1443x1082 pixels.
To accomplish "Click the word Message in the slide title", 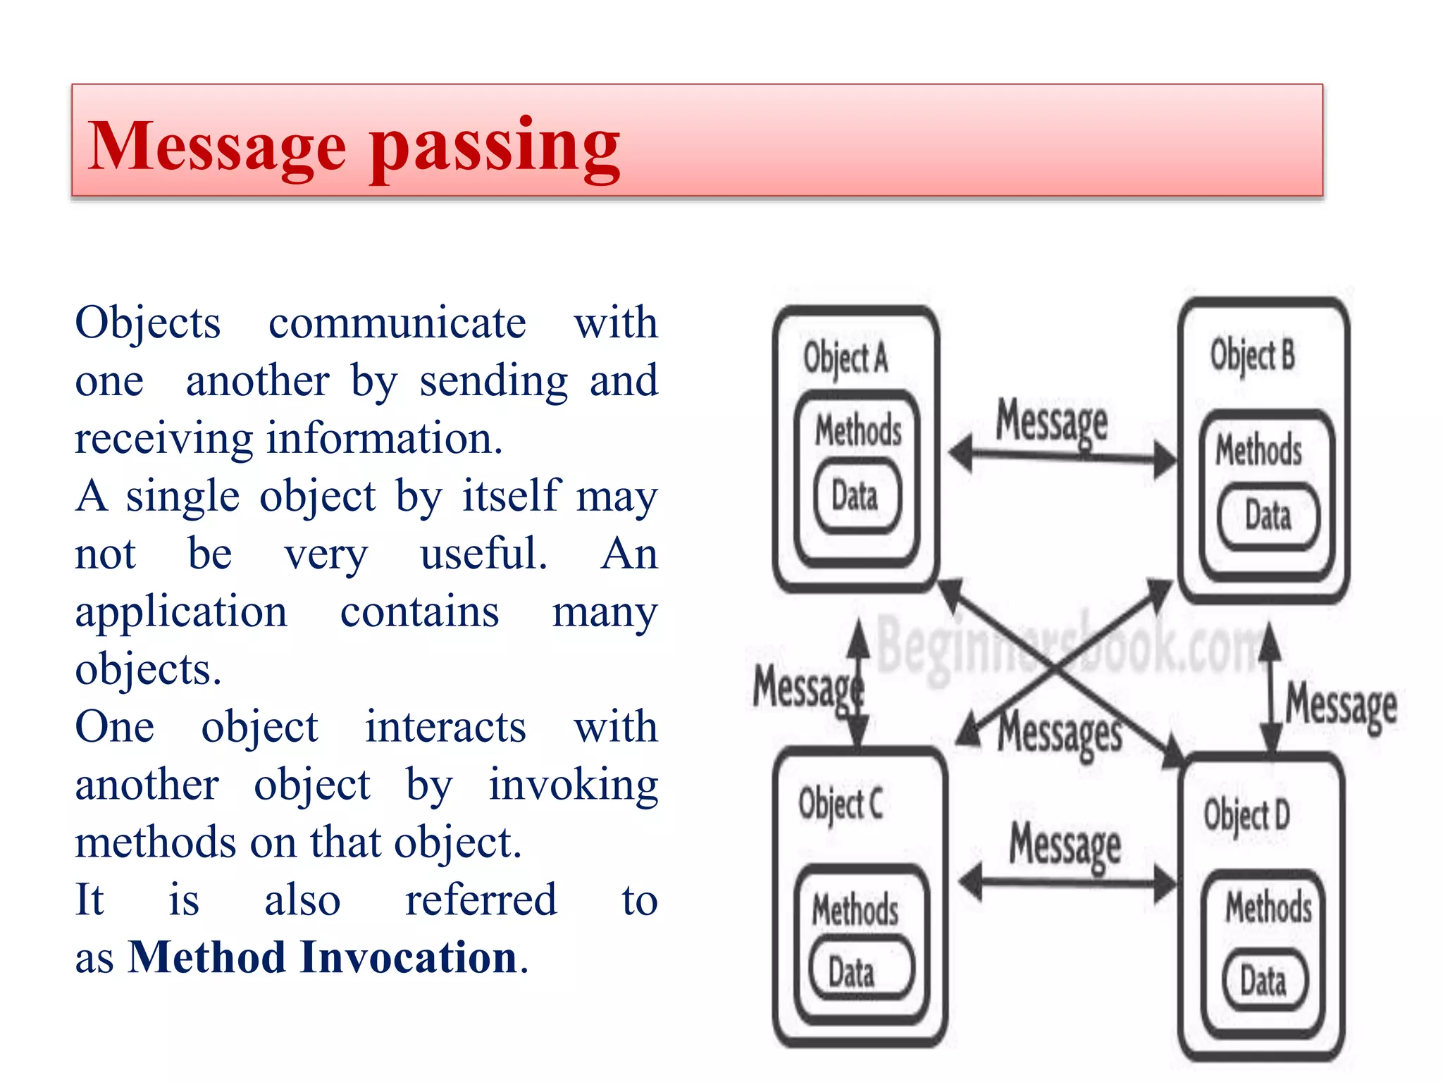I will (x=216, y=146).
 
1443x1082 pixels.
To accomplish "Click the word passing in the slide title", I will (x=495, y=148).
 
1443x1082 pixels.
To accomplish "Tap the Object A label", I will (x=846, y=358).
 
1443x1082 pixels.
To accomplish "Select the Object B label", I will (x=1253, y=355).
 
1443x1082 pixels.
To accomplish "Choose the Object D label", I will (x=1246, y=815).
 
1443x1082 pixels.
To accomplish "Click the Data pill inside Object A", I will (x=855, y=495).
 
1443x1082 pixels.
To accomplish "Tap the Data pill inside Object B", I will (x=1268, y=515).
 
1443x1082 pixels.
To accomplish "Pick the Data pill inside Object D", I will (x=1263, y=981).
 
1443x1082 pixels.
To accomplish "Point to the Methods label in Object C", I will (x=855, y=909).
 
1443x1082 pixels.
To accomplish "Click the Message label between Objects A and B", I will (x=1051, y=421).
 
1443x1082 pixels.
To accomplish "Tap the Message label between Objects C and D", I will (x=1065, y=844).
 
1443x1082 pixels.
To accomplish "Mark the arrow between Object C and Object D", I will (x=1068, y=881).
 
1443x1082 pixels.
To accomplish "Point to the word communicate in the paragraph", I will (x=397, y=323).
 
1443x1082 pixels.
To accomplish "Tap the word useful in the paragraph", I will (x=483, y=554).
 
